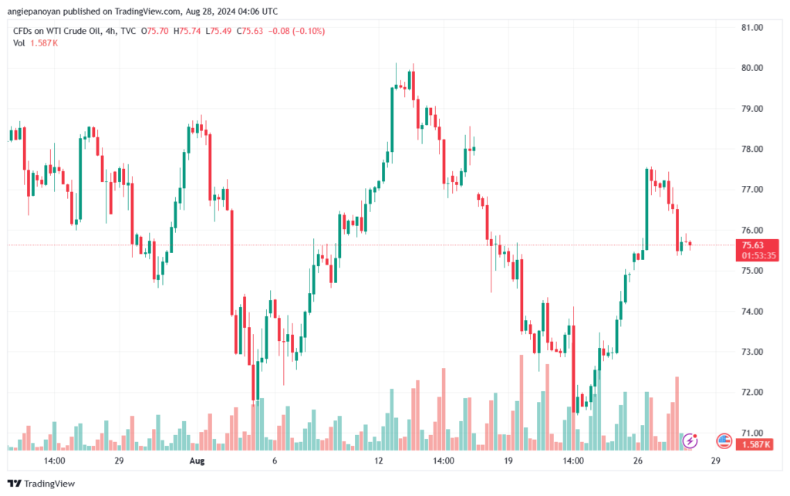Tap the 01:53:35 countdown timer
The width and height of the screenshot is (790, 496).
click(x=758, y=255)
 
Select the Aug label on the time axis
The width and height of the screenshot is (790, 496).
click(x=197, y=461)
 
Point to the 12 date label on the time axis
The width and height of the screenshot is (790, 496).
click(x=379, y=461)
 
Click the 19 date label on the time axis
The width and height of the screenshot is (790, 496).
click(x=508, y=461)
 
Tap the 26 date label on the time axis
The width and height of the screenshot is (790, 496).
click(x=638, y=461)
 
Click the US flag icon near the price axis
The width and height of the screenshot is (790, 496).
click(x=724, y=440)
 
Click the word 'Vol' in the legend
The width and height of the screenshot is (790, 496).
click(x=19, y=42)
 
